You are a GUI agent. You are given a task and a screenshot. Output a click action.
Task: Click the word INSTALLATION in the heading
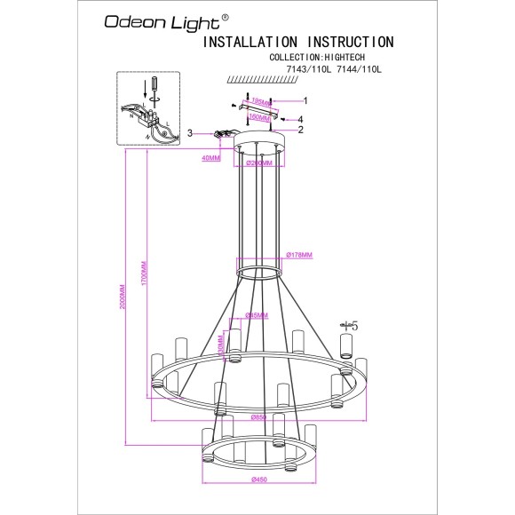(x=251, y=42)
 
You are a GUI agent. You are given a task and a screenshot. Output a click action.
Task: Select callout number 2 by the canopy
(x=302, y=130)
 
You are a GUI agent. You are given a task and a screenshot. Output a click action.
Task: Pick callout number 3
(x=189, y=133)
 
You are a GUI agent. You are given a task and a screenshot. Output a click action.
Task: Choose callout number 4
(x=302, y=119)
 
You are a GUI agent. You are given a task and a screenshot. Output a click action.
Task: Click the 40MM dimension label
(x=210, y=158)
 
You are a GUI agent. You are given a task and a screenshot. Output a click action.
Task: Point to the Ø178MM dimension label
(x=300, y=256)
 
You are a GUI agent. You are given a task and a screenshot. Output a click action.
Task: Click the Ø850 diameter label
(x=259, y=417)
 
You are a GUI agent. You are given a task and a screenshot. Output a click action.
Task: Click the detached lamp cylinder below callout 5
(x=346, y=345)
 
